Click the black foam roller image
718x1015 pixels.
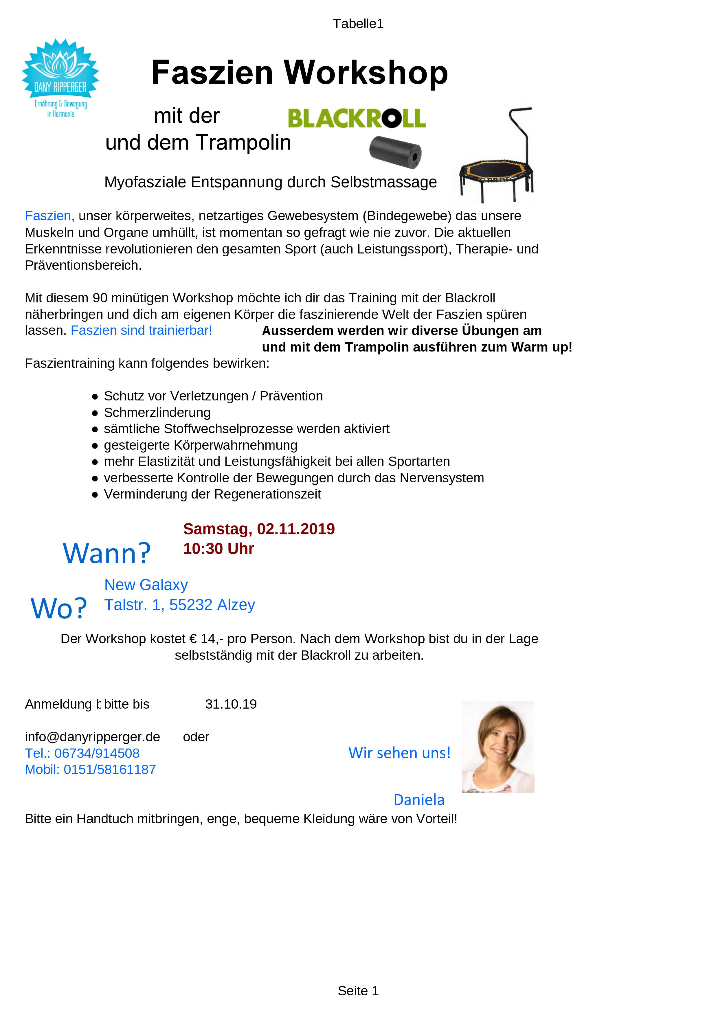pyautogui.click(x=395, y=152)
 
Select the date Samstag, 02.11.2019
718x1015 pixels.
pyautogui.click(x=259, y=529)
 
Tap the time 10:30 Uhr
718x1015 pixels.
pyautogui.click(x=218, y=549)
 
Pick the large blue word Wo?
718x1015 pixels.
pyautogui.click(x=59, y=608)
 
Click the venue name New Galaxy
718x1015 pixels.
pyautogui.click(x=146, y=584)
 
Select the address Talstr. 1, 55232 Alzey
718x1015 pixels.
pyautogui.click(x=179, y=605)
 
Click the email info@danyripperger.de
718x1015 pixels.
pyautogui.click(x=92, y=737)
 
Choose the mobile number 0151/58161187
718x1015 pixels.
pyautogui.click(x=110, y=770)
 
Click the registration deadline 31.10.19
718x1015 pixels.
pyautogui.click(x=231, y=704)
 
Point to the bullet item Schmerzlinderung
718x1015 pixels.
pyautogui.click(x=157, y=413)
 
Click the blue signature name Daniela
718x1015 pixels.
pyautogui.click(x=419, y=800)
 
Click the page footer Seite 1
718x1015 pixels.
pyautogui.click(x=358, y=991)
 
